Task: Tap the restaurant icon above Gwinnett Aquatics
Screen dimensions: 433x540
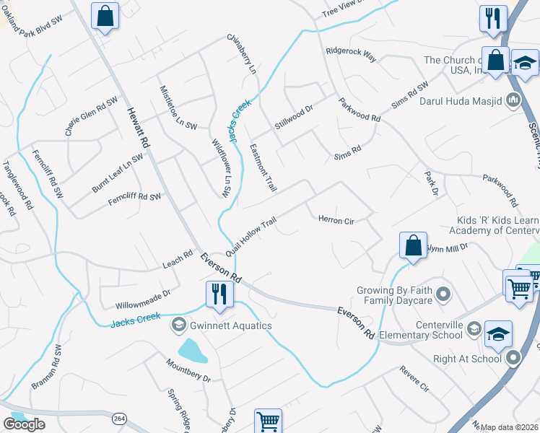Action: (x=217, y=294)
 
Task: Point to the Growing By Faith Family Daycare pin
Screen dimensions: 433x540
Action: (x=443, y=294)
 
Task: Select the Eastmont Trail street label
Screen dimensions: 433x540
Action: (x=263, y=167)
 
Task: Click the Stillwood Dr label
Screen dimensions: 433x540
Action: (x=293, y=118)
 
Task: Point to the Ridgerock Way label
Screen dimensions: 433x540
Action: (x=351, y=53)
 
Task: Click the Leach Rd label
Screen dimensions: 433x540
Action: (x=178, y=259)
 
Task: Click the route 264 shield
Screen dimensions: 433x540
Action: (x=120, y=419)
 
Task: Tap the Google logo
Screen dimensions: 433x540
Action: (x=24, y=424)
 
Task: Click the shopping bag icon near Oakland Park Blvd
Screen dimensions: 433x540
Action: (x=105, y=15)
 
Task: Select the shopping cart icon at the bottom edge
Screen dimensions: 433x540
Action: (x=268, y=420)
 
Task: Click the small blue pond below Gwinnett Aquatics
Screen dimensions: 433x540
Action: (x=191, y=351)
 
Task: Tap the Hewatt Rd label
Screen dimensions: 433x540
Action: (x=138, y=128)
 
